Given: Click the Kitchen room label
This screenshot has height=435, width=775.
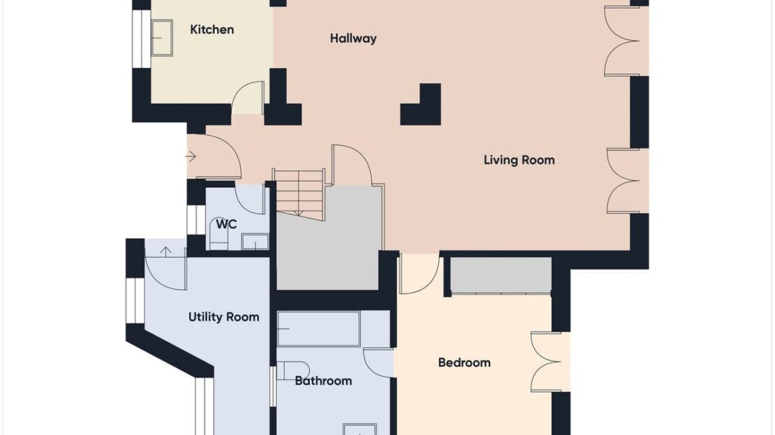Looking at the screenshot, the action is point(212,29).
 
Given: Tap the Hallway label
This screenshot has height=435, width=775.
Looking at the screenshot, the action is point(353,38).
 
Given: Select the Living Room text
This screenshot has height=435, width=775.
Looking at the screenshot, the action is point(519,160).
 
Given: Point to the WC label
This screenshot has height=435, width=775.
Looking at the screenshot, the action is point(226,224).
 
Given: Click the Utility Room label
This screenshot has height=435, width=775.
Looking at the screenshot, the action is point(224,317).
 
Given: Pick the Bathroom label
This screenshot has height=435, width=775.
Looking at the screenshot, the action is point(323,381).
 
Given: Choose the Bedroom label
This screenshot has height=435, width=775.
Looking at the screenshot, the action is point(464,363).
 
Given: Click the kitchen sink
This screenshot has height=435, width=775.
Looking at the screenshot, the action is point(161,38).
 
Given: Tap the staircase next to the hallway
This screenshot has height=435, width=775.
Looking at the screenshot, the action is point(300,194).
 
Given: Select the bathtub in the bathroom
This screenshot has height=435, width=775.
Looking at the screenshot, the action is point(318,329).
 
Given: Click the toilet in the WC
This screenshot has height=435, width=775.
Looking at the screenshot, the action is point(218,240).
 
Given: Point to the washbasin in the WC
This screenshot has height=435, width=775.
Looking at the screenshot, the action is point(255,242).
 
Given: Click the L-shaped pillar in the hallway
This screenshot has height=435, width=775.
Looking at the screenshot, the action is point(420,104).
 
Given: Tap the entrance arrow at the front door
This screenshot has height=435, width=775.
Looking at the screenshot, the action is point(191,157).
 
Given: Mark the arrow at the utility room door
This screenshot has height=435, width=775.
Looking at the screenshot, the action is point(165,251).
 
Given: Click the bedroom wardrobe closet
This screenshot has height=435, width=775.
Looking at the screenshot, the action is point(501,275).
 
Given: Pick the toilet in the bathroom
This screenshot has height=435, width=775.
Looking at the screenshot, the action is point(293,371).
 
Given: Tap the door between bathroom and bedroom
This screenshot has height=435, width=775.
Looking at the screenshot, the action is point(378,362).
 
